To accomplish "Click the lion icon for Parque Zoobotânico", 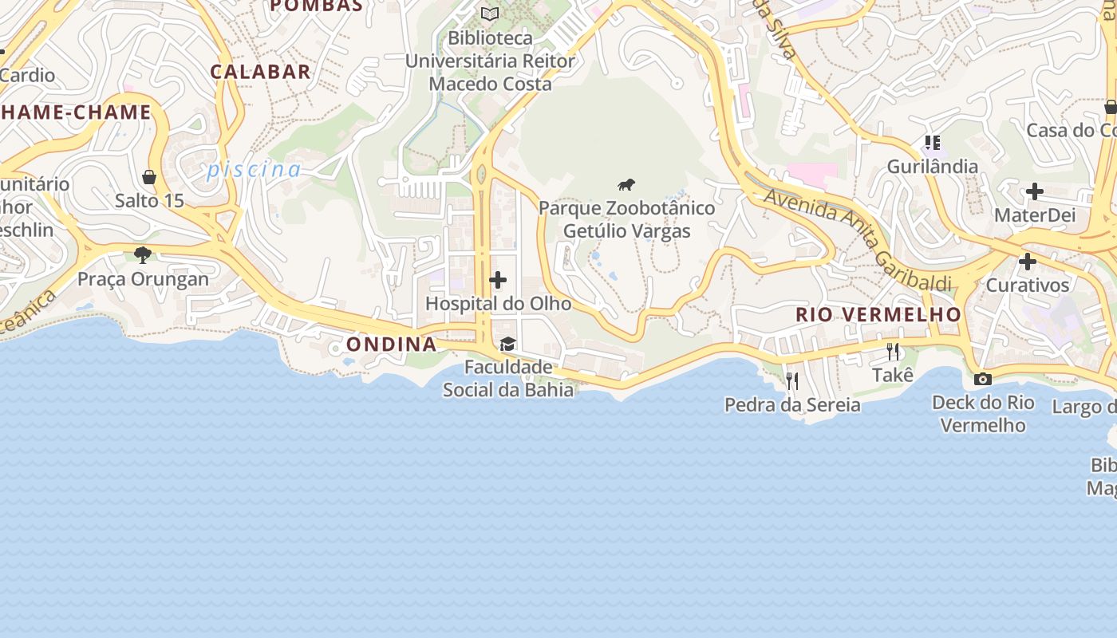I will (x=626, y=185).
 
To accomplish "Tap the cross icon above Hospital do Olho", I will (x=498, y=280).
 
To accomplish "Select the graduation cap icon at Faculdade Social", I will (x=507, y=344).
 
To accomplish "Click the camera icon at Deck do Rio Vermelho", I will (x=983, y=379).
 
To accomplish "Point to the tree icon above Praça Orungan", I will (x=144, y=255).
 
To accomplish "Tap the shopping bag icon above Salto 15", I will (x=149, y=176).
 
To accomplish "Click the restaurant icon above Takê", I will (x=893, y=351).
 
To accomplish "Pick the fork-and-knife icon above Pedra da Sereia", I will (x=791, y=380).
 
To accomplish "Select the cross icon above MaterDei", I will (x=1035, y=191).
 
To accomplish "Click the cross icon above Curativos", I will (x=1028, y=262).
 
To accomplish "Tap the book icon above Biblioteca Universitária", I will (x=490, y=14).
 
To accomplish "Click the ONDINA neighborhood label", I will (x=391, y=345).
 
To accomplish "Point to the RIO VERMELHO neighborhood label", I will (x=878, y=315).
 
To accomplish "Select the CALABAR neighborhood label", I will (x=260, y=72).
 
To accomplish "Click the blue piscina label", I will (x=254, y=170).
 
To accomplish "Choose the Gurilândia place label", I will (x=933, y=167).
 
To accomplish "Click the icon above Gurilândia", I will (x=932, y=143).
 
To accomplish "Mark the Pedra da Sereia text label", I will (x=792, y=405).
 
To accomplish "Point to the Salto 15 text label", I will (x=149, y=200).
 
